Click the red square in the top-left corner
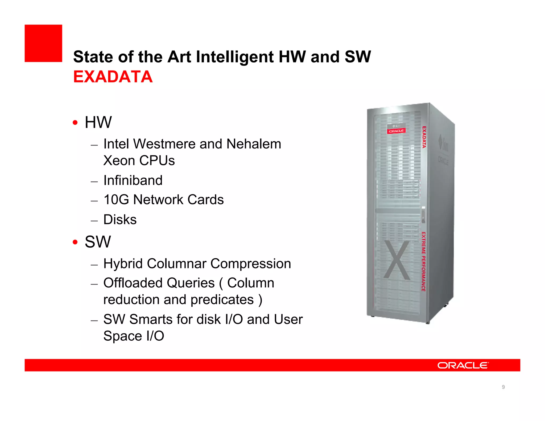coord(43,43)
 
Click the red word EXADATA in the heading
coord(113,77)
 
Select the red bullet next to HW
coord(75,123)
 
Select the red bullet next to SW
coord(75,242)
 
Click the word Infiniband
coord(133,180)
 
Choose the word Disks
coord(120,220)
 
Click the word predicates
coord(222,300)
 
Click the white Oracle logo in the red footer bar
coord(463,365)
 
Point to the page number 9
coord(503,387)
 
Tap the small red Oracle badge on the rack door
coord(396,131)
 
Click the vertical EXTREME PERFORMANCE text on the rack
coord(423,262)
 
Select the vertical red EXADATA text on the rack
coord(424,137)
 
